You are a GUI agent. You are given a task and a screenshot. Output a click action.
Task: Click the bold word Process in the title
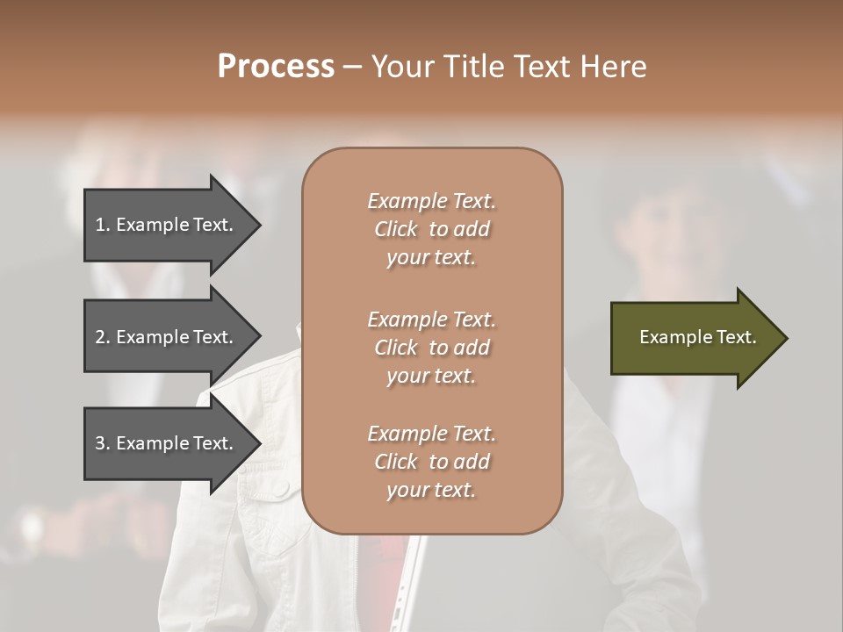pyautogui.click(x=276, y=67)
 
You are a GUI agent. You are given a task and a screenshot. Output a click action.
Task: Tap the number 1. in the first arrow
pyautogui.click(x=103, y=225)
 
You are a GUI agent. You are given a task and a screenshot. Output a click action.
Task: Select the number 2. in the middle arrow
pyautogui.click(x=103, y=337)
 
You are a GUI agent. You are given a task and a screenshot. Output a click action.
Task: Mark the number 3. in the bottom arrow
pyautogui.click(x=103, y=443)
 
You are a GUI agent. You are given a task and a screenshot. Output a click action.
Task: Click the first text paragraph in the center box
pyautogui.click(x=431, y=229)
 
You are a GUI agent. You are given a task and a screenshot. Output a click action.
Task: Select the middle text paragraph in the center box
pyautogui.click(x=431, y=348)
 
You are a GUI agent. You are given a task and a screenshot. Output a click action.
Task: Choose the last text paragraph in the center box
pyautogui.click(x=431, y=462)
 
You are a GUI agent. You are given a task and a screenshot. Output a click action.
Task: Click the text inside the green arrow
pyautogui.click(x=697, y=337)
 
